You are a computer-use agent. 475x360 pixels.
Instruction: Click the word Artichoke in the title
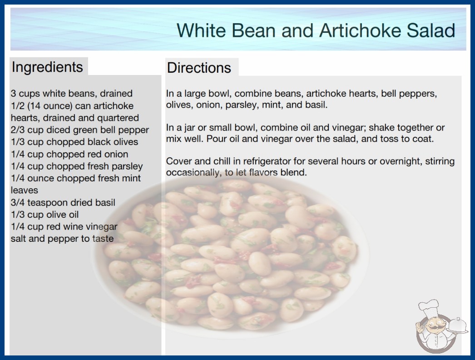pyautogui.click(x=360, y=30)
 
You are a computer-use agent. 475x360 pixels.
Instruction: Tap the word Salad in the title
pyautogui.click(x=431, y=30)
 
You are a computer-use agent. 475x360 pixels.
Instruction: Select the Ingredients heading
pyautogui.click(x=47, y=67)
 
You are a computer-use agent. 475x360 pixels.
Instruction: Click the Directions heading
pyautogui.click(x=199, y=68)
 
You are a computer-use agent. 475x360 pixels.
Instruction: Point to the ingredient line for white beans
pyautogui.click(x=71, y=94)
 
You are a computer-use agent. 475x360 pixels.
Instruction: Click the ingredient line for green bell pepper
pyautogui.click(x=79, y=130)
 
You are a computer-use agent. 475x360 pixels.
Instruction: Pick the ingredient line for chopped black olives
pyautogui.click(x=74, y=142)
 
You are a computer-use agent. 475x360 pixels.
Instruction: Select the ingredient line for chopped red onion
pyautogui.click(x=69, y=154)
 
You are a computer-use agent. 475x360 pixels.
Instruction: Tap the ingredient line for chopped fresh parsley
pyautogui.click(x=77, y=166)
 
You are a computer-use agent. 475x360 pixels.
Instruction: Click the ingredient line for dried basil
pyautogui.click(x=63, y=202)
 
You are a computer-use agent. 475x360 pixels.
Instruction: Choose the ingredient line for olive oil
pyautogui.click(x=45, y=215)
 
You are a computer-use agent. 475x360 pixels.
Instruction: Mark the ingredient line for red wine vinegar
pyautogui.click(x=64, y=226)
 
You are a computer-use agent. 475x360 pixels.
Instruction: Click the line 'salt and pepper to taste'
pyautogui.click(x=62, y=239)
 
